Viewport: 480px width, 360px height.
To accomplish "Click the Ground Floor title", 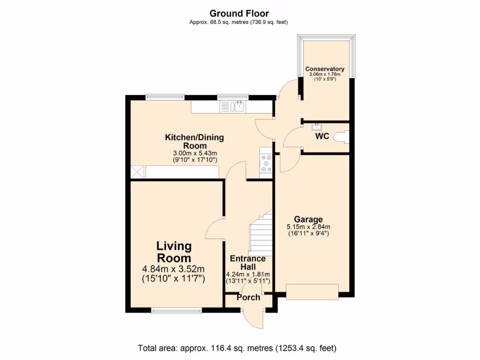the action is pyautogui.click(x=239, y=14).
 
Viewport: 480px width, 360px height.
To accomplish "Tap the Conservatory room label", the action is pyautogui.click(x=325, y=69).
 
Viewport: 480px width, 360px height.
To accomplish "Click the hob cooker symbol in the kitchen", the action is pyautogui.click(x=266, y=163).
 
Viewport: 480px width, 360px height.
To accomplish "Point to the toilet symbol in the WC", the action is pyautogui.click(x=341, y=137).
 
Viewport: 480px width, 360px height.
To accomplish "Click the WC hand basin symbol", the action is pyautogui.click(x=316, y=127).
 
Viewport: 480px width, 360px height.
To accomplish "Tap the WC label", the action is pyautogui.click(x=322, y=136).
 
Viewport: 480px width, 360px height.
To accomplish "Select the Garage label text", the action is pyautogui.click(x=308, y=219).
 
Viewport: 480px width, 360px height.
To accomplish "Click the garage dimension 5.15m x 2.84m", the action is pyautogui.click(x=308, y=227).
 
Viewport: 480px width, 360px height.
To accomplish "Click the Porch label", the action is pyautogui.click(x=248, y=297).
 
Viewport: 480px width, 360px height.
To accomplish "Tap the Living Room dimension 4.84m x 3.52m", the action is pyautogui.click(x=173, y=269).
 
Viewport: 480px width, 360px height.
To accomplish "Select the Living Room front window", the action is pyautogui.click(x=177, y=310).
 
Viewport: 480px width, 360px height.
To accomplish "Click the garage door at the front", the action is pyautogui.click(x=312, y=292).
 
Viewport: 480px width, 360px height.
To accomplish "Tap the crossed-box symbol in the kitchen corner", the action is pyautogui.click(x=137, y=172).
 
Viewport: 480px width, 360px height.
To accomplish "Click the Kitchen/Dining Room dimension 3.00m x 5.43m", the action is pyautogui.click(x=195, y=153).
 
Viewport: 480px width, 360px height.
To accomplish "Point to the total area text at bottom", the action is pyautogui.click(x=237, y=348).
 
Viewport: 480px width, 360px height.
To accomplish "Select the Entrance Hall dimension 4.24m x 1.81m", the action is pyautogui.click(x=247, y=274).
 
